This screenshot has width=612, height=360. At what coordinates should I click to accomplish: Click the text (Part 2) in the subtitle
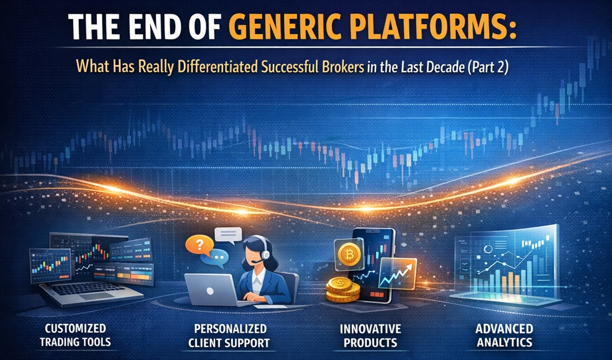[x=487, y=67]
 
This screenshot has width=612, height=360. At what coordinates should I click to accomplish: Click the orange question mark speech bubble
[x=200, y=245]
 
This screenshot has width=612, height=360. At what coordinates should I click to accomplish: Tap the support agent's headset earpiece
[x=265, y=255]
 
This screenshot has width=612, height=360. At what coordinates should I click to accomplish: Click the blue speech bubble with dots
[x=214, y=258]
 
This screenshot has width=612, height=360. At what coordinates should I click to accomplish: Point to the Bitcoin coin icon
[x=349, y=255]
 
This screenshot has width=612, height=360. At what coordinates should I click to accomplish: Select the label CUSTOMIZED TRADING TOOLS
[x=76, y=335]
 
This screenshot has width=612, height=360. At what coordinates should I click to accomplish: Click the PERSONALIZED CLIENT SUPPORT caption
[x=229, y=336]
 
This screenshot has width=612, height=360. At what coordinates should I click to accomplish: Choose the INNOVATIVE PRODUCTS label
[x=370, y=335]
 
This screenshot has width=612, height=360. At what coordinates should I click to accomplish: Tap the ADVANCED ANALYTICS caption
[x=504, y=335]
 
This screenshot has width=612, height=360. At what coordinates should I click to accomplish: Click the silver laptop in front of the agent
[x=211, y=290]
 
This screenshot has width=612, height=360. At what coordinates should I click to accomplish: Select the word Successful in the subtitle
[x=288, y=67]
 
